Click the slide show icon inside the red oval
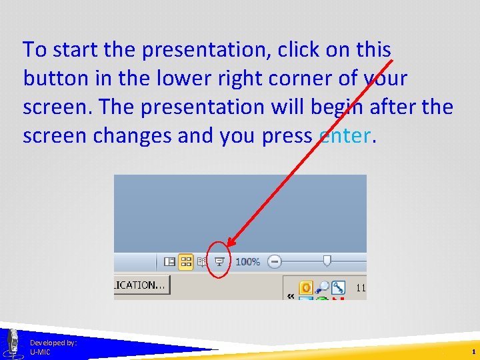[x=218, y=262]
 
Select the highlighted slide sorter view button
[x=186, y=262]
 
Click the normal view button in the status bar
[x=170, y=262]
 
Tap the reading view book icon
[x=202, y=262]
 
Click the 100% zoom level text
[x=247, y=262]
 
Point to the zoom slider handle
[x=326, y=261]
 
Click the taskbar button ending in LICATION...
[x=142, y=285]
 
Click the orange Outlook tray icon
[x=305, y=287]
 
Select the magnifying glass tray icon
[x=322, y=287]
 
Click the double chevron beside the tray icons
[x=291, y=295]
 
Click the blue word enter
[x=344, y=135]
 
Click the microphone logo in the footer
[x=12, y=343]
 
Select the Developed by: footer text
[x=53, y=343]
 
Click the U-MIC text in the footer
[x=40, y=352]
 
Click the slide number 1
[x=473, y=351]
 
